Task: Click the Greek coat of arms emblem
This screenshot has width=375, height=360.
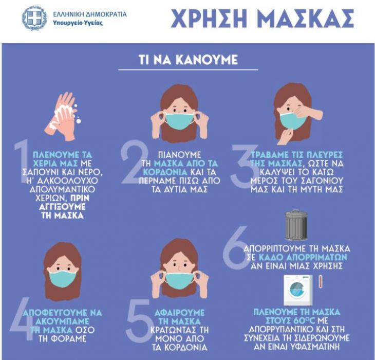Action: click(34, 18)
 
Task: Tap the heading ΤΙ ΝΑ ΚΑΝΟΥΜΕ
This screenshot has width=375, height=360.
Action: click(188, 60)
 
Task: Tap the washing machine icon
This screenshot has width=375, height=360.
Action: click(298, 291)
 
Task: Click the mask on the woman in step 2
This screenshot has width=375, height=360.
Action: click(180, 120)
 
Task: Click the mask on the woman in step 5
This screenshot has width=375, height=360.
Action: click(180, 280)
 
